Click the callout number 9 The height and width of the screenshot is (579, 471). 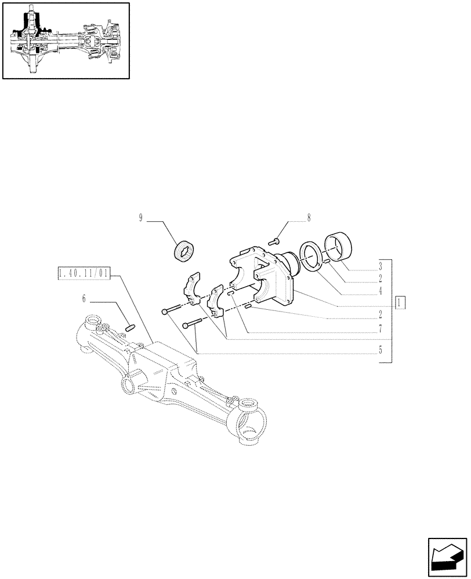[x=140, y=218]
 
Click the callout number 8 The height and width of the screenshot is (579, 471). [x=309, y=218]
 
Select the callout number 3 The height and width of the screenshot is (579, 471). [x=380, y=267]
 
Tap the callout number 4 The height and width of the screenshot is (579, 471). [x=380, y=291]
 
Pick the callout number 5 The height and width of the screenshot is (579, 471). [x=380, y=350]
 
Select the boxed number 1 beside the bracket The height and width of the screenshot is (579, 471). [x=400, y=302]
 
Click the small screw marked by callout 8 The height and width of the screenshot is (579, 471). [x=276, y=239]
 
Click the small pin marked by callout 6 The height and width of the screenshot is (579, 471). [x=131, y=328]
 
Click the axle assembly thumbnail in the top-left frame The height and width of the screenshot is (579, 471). [x=66, y=41]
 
